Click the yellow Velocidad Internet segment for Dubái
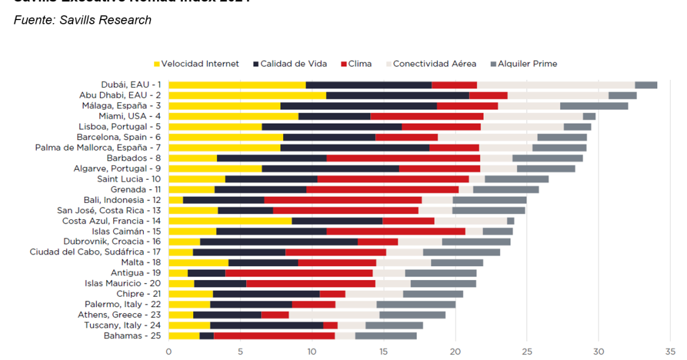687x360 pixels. coord(237,85)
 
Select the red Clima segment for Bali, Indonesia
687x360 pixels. coord(343,200)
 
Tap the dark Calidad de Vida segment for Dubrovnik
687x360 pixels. coord(279,242)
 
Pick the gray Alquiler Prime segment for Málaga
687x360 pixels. coord(594,105)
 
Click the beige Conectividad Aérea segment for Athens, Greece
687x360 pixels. coord(334,315)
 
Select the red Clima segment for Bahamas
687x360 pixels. coord(274,336)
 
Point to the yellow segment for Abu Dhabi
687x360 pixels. coord(247,95)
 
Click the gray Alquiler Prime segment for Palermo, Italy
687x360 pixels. coord(416,304)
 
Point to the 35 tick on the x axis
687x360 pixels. coord(670,351)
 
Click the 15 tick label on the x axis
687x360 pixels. coord(384,351)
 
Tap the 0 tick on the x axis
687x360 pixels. coord(169,351)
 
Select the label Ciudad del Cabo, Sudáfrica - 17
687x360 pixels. coord(95,252)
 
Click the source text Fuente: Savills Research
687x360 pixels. coord(82,20)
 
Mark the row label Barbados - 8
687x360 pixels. coord(130,158)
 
